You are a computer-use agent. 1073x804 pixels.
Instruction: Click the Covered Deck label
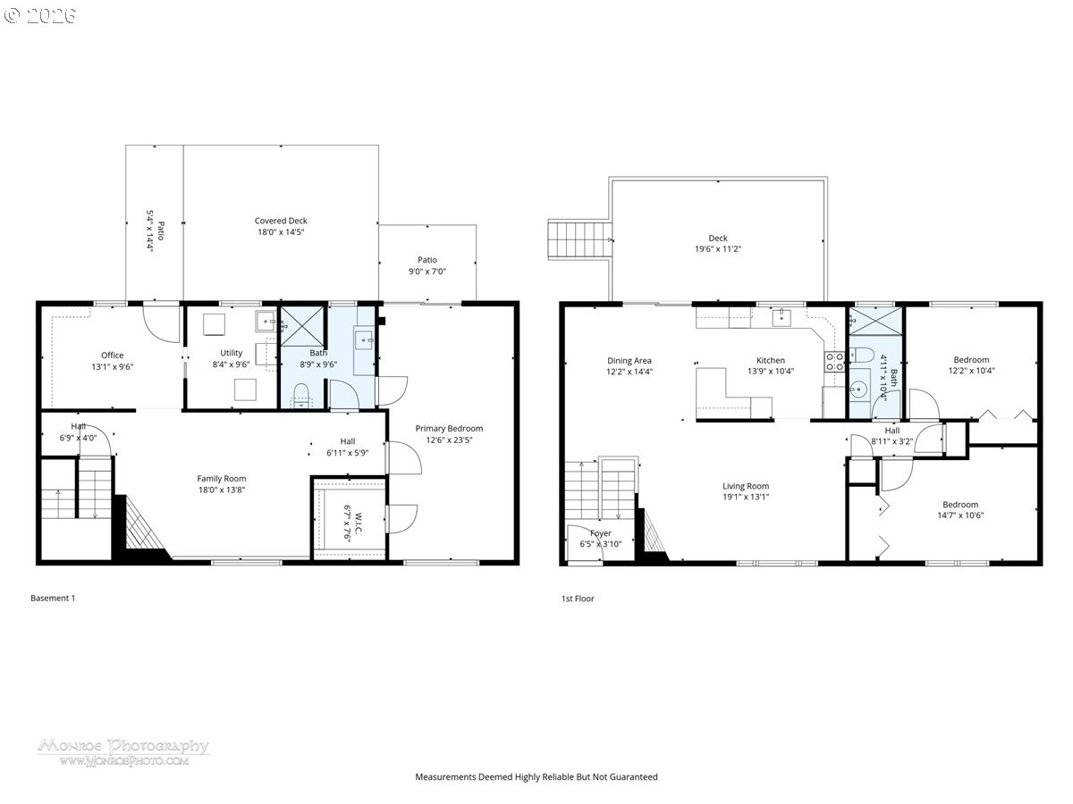281,221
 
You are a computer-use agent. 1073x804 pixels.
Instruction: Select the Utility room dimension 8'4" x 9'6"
231,365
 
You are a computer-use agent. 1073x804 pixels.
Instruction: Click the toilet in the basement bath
301,394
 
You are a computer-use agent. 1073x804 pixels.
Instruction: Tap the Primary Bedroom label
449,428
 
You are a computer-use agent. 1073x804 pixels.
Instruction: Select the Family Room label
222,478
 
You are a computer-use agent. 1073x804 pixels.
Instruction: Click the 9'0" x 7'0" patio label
427,271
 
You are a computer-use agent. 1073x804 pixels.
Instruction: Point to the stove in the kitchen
835,361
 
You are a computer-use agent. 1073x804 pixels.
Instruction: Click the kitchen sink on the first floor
782,316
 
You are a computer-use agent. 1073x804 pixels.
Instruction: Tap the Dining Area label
629,361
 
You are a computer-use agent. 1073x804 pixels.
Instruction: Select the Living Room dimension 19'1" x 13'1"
746,497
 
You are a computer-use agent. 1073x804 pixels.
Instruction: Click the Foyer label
601,533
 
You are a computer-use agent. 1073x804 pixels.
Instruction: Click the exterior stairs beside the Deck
579,239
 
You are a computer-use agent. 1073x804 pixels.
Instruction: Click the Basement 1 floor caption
53,598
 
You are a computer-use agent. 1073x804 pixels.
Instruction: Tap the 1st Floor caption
577,599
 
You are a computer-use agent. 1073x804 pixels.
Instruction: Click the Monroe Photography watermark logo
123,750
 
